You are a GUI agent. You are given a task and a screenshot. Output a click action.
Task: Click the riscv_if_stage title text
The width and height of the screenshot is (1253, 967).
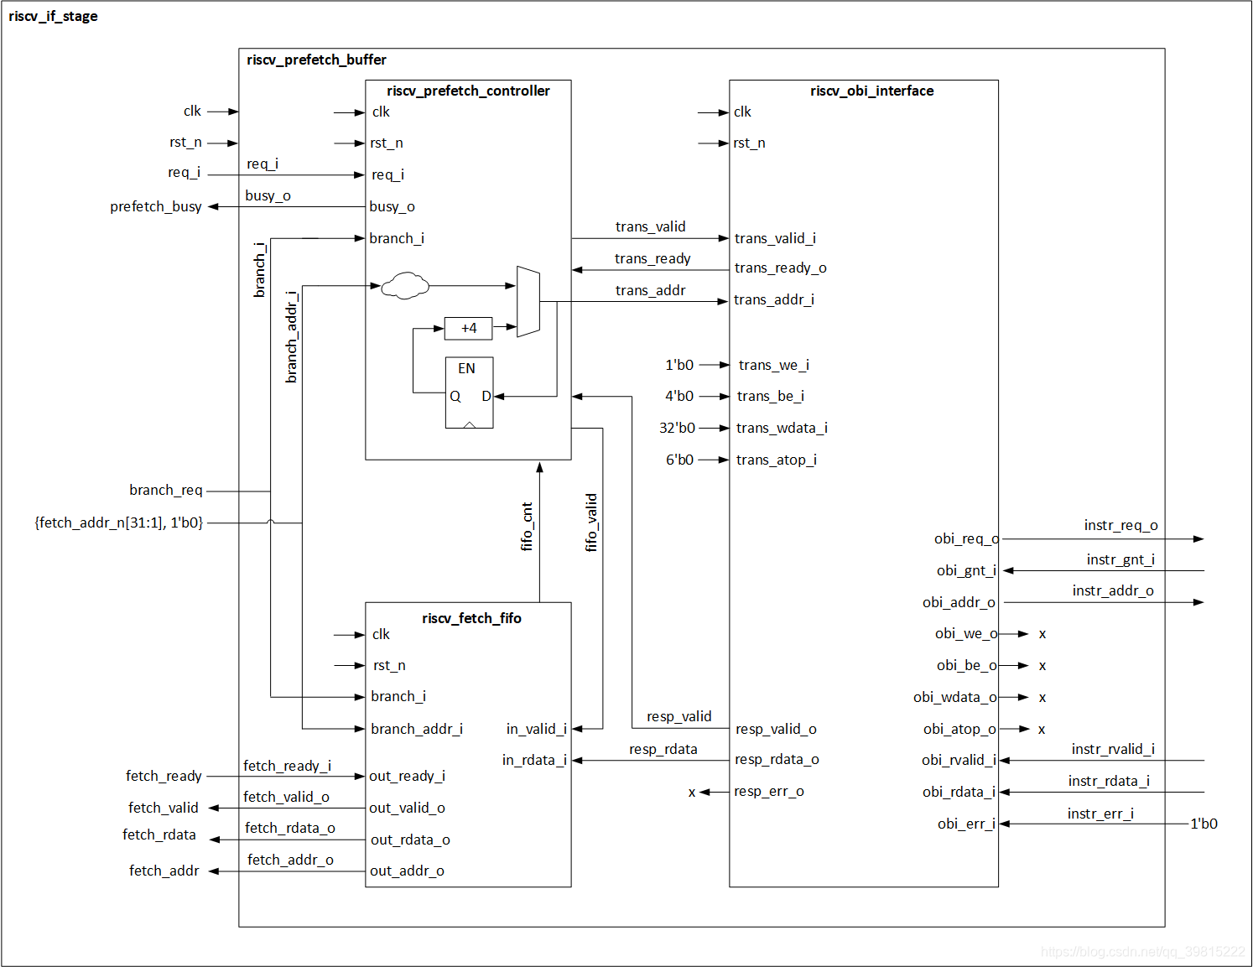click(x=53, y=16)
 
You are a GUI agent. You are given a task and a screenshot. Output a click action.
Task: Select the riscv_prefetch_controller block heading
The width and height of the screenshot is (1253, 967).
click(x=468, y=91)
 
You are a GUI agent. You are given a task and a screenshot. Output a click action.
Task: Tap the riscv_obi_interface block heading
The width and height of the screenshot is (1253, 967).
click(x=871, y=91)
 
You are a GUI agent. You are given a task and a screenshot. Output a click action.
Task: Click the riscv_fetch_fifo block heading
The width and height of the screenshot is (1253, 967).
click(x=471, y=618)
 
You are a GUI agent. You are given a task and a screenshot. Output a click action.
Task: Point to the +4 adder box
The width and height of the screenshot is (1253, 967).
click(x=468, y=328)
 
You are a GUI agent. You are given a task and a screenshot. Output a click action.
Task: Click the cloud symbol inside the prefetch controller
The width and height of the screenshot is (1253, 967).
click(x=405, y=286)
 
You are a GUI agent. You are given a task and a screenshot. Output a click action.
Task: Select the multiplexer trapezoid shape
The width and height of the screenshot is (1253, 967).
click(x=528, y=302)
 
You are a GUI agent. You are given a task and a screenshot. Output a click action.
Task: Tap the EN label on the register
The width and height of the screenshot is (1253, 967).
click(x=466, y=368)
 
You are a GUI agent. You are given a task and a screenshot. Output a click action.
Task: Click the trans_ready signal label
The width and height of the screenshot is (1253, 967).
click(x=652, y=258)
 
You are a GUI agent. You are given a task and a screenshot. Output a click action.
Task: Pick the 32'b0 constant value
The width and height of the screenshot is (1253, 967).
click(x=677, y=428)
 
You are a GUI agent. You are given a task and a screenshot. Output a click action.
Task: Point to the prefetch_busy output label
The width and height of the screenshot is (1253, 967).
click(x=156, y=206)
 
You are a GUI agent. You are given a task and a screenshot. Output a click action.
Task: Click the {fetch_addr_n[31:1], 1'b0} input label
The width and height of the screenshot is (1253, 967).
click(x=118, y=522)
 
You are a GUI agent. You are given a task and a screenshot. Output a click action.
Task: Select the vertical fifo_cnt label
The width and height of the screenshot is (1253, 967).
click(x=527, y=527)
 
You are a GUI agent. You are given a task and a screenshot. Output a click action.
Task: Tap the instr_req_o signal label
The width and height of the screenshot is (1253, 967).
click(x=1120, y=525)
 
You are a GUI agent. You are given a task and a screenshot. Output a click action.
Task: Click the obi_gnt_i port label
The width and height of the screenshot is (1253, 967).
click(x=966, y=570)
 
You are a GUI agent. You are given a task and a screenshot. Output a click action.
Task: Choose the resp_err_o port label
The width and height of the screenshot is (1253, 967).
click(x=768, y=792)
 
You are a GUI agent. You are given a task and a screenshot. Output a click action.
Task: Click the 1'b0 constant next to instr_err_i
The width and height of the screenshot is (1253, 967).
click(x=1204, y=824)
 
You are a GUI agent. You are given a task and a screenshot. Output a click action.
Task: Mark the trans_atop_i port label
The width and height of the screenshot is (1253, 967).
click(x=776, y=460)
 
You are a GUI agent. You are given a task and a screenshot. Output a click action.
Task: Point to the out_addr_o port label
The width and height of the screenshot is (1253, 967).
click(x=407, y=871)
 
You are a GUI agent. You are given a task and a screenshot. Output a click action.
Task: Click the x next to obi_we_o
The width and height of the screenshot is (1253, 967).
click(x=1042, y=634)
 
